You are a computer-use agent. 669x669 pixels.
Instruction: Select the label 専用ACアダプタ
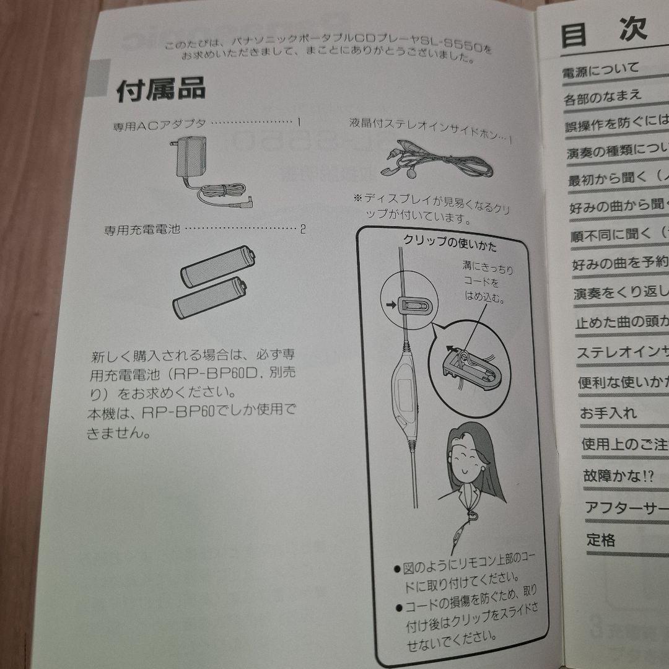pos(159,126)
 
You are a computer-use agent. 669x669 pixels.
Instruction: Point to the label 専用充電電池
pos(142,230)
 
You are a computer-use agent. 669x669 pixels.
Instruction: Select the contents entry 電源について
pos(600,71)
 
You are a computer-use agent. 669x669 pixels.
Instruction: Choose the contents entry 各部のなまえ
pos(603,97)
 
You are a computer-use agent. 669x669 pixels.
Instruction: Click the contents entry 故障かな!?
pos(617,476)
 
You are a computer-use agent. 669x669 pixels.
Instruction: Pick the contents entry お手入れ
pos(608,413)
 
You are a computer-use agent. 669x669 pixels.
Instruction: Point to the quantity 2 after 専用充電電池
pos(303,229)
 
